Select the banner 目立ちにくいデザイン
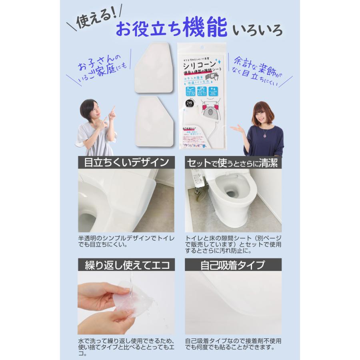click(126, 163)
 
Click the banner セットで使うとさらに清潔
click(233, 163)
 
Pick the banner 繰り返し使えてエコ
click(126, 265)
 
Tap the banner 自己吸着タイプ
click(233, 265)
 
